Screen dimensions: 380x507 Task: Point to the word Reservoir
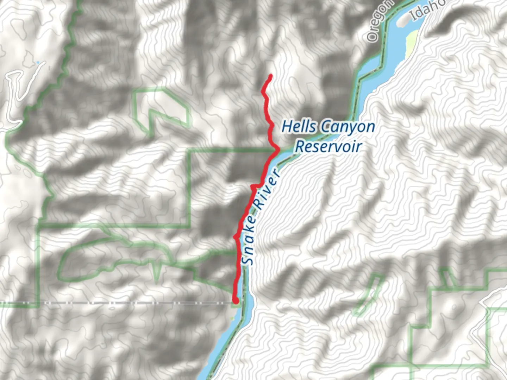point(328,146)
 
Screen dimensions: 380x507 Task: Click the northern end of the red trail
point(270,76)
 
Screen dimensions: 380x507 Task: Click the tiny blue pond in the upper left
point(37,63)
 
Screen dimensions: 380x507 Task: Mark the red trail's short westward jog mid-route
point(256,185)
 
